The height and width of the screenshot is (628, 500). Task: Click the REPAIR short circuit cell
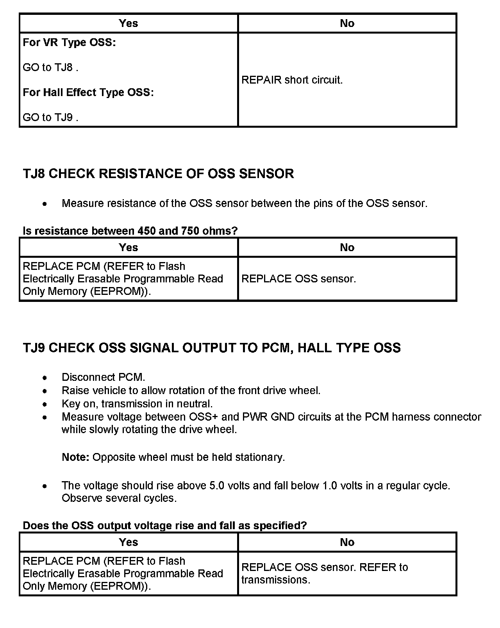(x=292, y=80)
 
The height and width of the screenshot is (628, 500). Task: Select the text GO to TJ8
(x=50, y=68)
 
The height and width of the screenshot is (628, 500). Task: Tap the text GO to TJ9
(x=50, y=117)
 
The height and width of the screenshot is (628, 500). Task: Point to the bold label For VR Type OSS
(x=69, y=43)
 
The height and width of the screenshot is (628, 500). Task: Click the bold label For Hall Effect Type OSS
(x=88, y=93)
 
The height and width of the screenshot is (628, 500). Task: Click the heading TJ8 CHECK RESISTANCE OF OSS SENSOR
(x=158, y=173)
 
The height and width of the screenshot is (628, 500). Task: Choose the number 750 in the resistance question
(x=190, y=231)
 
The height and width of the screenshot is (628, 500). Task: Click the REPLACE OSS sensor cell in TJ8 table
(x=298, y=279)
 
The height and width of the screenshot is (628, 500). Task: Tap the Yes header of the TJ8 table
(x=129, y=247)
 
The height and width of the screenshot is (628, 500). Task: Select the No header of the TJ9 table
(x=347, y=542)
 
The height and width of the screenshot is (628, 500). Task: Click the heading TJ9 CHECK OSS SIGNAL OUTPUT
(x=211, y=348)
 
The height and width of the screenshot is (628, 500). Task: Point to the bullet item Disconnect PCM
(x=103, y=377)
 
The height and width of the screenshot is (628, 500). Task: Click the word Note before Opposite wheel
(x=75, y=457)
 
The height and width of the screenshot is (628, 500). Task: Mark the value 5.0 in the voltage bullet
(x=217, y=485)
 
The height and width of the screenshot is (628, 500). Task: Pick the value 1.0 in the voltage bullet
(x=330, y=485)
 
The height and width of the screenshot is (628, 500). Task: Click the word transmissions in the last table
(x=275, y=580)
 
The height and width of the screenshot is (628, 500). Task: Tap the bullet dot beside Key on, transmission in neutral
(x=46, y=404)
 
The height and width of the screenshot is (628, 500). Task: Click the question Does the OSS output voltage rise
(x=164, y=526)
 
